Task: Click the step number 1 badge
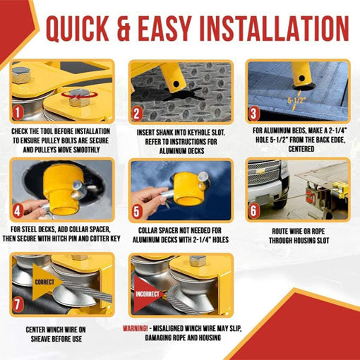(18, 113)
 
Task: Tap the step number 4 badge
(18, 211)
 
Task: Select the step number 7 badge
(18, 304)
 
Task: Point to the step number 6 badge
(253, 211)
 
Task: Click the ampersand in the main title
(124, 29)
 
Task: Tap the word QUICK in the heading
(77, 29)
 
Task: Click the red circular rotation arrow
(80, 95)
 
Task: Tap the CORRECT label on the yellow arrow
(44, 282)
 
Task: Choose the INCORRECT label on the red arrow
(148, 294)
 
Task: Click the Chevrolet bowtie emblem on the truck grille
(260, 172)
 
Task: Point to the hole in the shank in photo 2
(176, 84)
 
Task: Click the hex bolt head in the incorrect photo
(198, 260)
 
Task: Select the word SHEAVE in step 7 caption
(40, 339)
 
